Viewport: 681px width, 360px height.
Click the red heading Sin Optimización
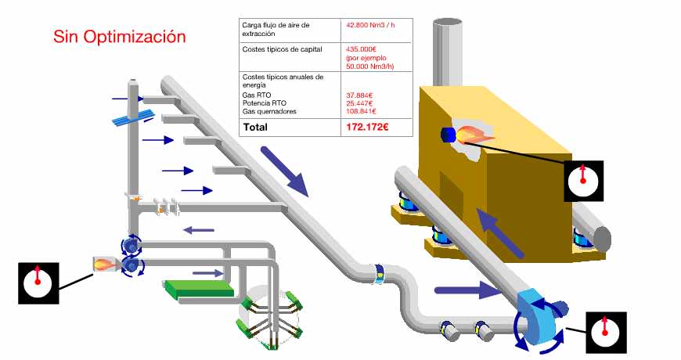point(120,36)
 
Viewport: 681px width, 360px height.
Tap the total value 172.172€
point(367,127)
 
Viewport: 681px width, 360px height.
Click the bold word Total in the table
point(256,127)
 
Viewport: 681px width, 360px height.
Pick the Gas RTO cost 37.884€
point(359,95)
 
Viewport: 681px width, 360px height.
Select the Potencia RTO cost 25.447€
point(359,103)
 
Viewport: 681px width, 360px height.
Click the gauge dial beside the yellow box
point(583,181)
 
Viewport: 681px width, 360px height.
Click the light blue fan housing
point(539,317)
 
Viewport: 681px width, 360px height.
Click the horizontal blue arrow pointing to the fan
point(467,291)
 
